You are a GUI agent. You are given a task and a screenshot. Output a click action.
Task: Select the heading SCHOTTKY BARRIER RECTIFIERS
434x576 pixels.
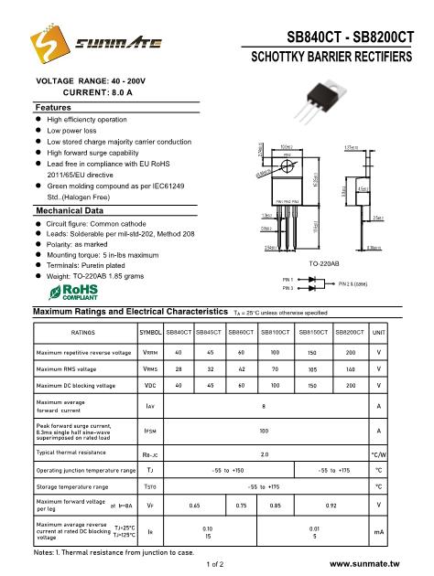(x=332, y=59)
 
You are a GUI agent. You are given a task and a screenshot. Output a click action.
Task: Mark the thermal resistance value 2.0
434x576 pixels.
(x=265, y=453)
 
